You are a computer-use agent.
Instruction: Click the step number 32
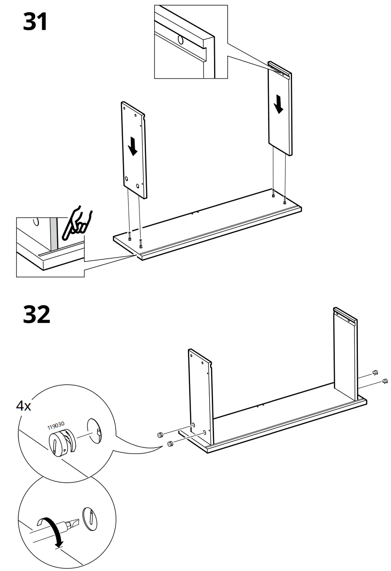tap(37, 314)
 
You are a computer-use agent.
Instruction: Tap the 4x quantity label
tap(24, 406)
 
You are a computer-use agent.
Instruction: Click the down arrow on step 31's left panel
tap(133, 147)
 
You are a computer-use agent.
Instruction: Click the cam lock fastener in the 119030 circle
tap(61, 443)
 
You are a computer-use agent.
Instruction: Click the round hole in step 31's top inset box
tap(180, 40)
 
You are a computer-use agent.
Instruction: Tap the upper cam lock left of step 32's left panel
tap(160, 434)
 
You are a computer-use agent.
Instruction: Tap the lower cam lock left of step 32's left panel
tap(170, 444)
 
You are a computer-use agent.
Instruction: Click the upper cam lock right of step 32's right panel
tap(374, 372)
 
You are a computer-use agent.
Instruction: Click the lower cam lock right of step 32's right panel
tap(385, 382)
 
